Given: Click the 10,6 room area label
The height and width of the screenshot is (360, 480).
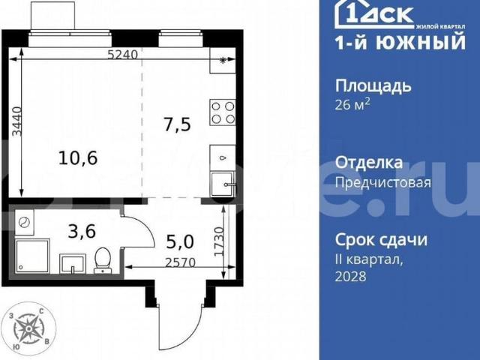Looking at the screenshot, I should [79, 157].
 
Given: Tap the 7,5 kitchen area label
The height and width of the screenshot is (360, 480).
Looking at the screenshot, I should [176, 124].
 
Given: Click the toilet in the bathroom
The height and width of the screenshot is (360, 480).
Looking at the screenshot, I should [103, 261].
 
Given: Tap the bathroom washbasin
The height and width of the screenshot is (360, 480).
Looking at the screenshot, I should [73, 263].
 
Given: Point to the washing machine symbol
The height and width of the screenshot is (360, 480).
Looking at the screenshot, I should [25, 223].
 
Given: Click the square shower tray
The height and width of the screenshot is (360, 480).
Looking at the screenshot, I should [31, 257].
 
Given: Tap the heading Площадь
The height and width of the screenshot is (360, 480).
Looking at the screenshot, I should [372, 85].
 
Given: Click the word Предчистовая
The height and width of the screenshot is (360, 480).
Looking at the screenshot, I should [382, 182].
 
